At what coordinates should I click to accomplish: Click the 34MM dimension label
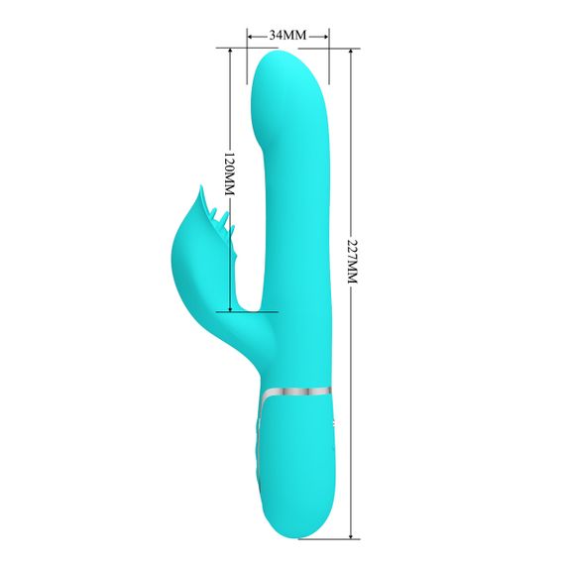[288, 35]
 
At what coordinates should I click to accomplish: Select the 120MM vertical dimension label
[229, 173]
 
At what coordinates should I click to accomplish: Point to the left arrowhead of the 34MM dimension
[251, 35]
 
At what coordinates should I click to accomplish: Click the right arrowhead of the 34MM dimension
[325, 35]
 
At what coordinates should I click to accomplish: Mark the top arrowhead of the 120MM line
[230, 52]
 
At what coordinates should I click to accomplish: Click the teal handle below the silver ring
[296, 456]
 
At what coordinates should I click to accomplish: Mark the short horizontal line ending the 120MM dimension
[253, 312]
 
